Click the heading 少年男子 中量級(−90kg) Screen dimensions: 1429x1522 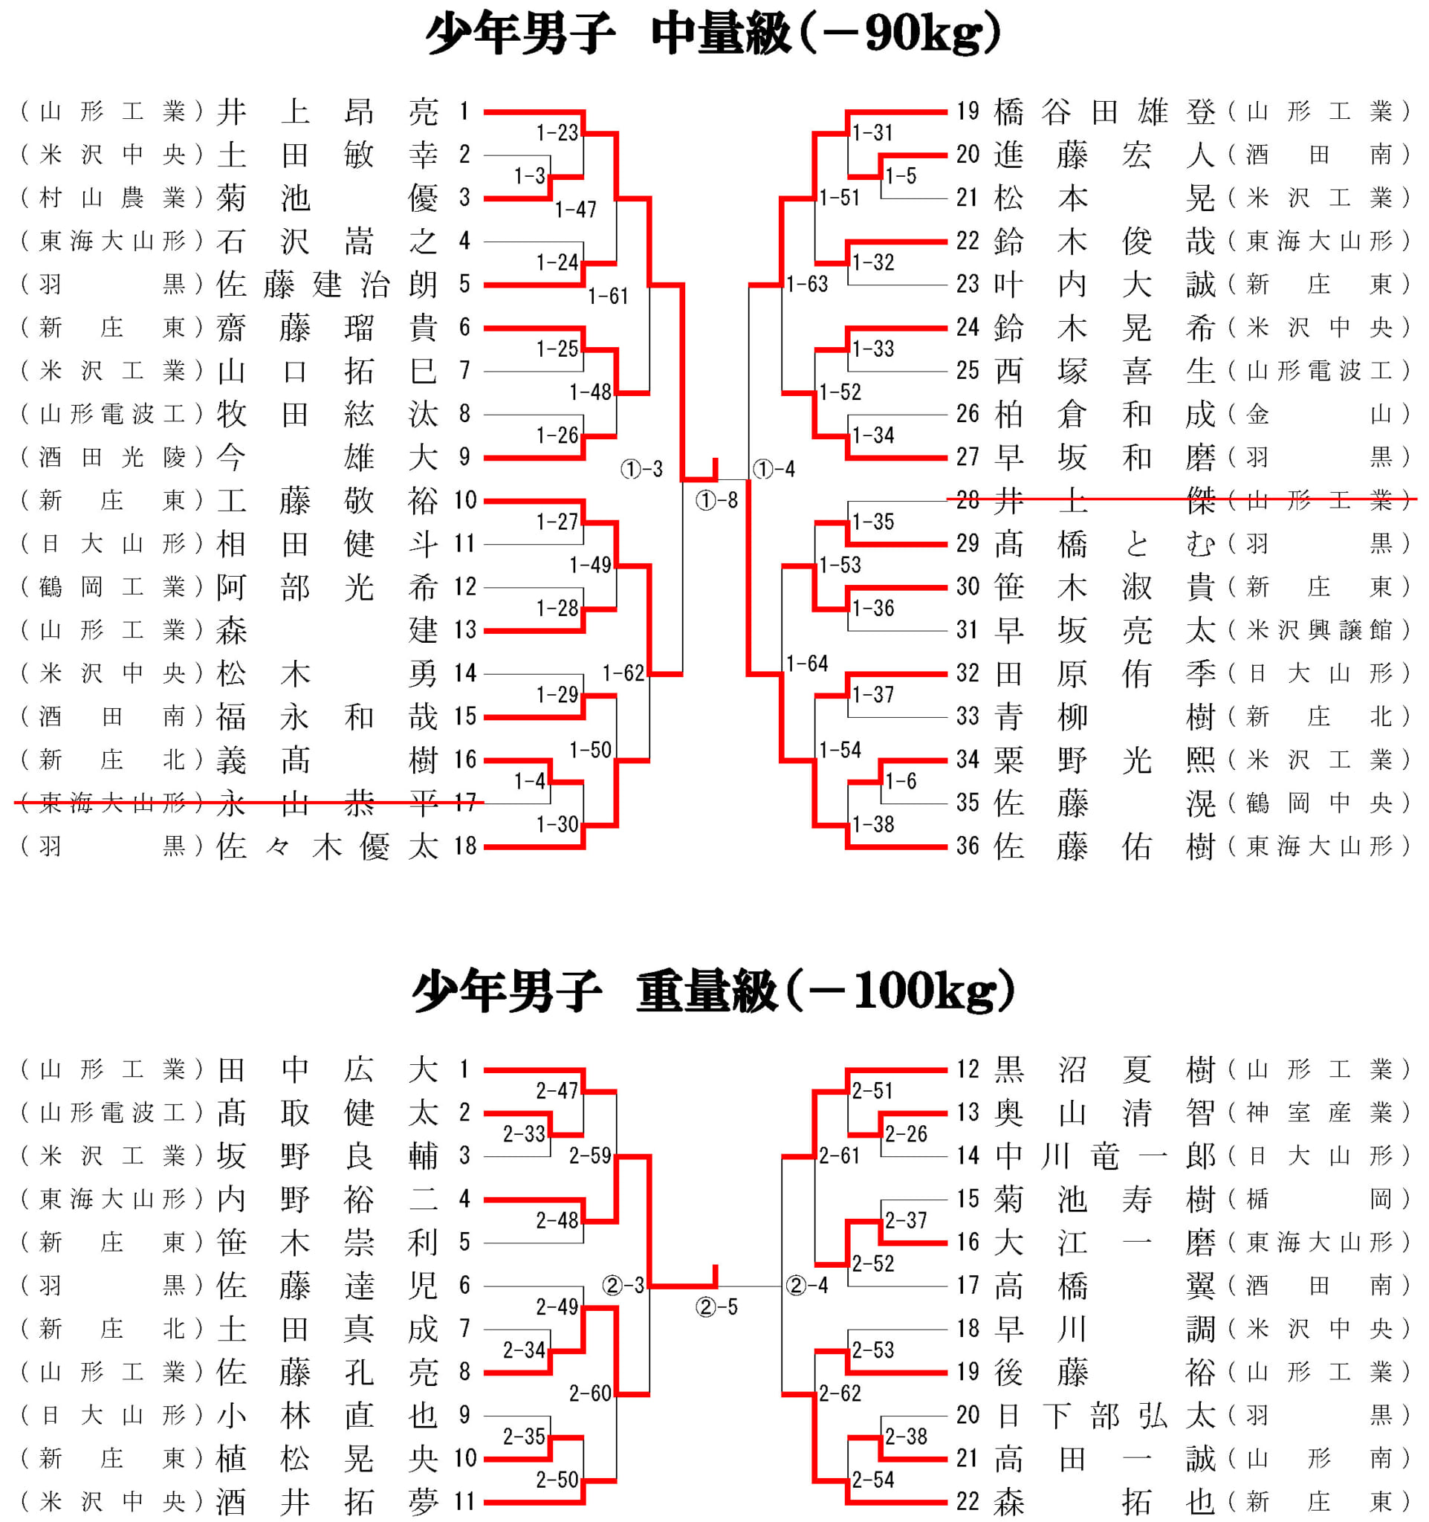[x=713, y=34]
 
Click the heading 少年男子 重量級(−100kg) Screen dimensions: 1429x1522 [x=713, y=991]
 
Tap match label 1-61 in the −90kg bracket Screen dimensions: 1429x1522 [x=608, y=297]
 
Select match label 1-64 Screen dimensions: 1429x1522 [x=807, y=663]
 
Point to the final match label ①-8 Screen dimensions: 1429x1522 [x=716, y=501]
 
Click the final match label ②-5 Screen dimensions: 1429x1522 [x=716, y=1307]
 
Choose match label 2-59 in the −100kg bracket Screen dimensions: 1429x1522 [x=589, y=1156]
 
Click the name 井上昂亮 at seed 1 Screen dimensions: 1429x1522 [x=328, y=112]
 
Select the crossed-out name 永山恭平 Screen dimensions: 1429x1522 [x=328, y=804]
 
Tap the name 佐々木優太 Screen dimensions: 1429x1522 [x=328, y=846]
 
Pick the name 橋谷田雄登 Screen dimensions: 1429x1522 [x=1104, y=112]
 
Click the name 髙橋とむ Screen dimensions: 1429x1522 [x=1104, y=544]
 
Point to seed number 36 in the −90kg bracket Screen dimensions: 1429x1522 [x=968, y=846]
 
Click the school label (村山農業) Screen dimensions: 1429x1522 [x=111, y=198]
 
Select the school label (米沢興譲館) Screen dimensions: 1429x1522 [x=1318, y=631]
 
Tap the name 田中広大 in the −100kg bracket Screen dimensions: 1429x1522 [x=328, y=1070]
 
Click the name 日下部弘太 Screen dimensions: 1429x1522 [x=1104, y=1416]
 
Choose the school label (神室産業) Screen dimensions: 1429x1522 [x=1318, y=1113]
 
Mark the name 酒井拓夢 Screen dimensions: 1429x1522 [x=328, y=1502]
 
